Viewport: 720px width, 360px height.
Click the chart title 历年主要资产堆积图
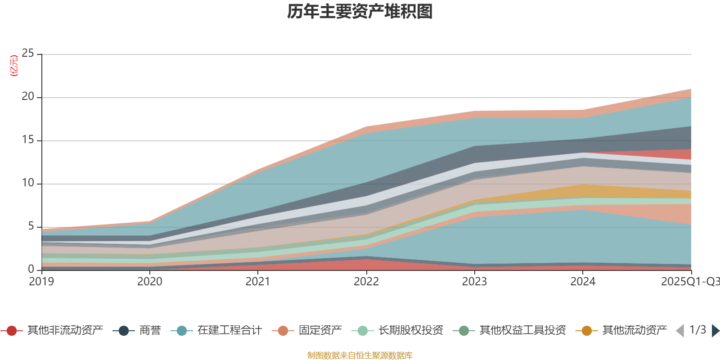pos(360,12)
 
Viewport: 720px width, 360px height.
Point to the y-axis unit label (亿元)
pos(14,66)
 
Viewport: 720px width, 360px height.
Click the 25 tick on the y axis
pos(28,54)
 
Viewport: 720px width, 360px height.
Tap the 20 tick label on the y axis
pos(28,97)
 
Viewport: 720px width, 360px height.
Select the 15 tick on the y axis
pos(28,140)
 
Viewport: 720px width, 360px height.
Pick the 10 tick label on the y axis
pos(28,183)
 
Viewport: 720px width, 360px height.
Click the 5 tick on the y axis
pos(31,226)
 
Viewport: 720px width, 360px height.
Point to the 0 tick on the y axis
pos(31,269)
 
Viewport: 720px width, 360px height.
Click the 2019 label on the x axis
pos(41,282)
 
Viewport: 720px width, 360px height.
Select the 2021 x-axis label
pos(258,282)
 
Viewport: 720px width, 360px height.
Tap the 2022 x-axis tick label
pos(366,282)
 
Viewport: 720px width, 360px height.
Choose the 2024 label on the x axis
pos(583,282)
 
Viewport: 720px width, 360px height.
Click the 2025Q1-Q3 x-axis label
pos(690,282)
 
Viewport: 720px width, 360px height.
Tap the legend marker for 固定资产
pos(283,331)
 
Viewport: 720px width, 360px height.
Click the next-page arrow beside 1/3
pos(715,331)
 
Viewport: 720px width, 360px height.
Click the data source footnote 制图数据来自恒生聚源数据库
pos(360,355)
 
